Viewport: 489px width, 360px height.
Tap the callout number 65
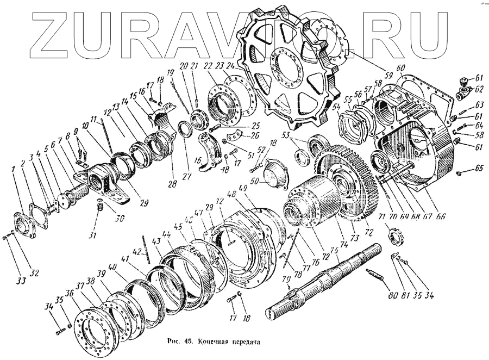tap(479, 168)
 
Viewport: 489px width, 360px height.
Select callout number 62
tap(479, 89)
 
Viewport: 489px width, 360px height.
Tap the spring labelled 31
tap(99, 206)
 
